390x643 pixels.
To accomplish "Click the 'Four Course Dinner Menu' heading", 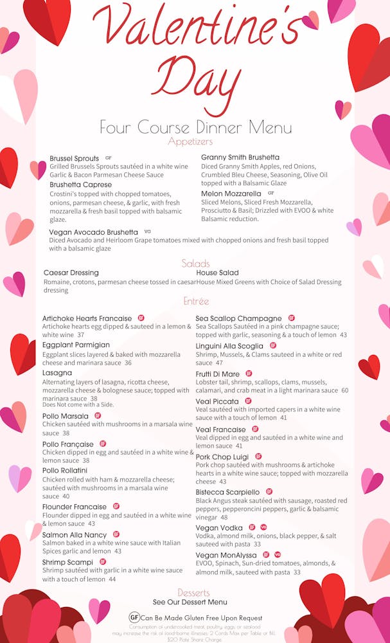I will [x=195, y=127].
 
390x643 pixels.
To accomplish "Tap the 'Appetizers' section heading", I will [x=190, y=141].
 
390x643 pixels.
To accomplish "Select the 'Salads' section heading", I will [x=196, y=264].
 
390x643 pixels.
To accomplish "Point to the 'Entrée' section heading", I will [x=196, y=301].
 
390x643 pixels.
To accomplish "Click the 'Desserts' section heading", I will [x=194, y=592].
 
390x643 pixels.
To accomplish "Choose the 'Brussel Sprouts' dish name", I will [x=75, y=158].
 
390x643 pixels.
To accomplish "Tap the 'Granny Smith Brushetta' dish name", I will [x=240, y=158].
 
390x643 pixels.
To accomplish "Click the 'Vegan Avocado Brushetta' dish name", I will [x=94, y=232].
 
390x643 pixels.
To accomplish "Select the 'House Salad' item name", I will [x=217, y=273].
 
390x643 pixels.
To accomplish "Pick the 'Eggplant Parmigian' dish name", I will [x=76, y=345].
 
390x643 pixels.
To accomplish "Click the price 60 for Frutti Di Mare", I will [x=345, y=390].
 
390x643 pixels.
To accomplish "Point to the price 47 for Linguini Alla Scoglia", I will [x=220, y=363].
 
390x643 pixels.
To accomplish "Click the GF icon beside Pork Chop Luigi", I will [x=259, y=457].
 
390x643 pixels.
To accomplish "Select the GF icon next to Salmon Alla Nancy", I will [x=116, y=534].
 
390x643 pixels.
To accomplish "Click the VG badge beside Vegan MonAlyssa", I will [x=278, y=554].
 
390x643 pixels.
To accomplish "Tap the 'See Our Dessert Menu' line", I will [x=190, y=602].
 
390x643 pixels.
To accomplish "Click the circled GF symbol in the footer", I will [x=134, y=617].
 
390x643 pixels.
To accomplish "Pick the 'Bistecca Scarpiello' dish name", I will [x=228, y=492].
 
